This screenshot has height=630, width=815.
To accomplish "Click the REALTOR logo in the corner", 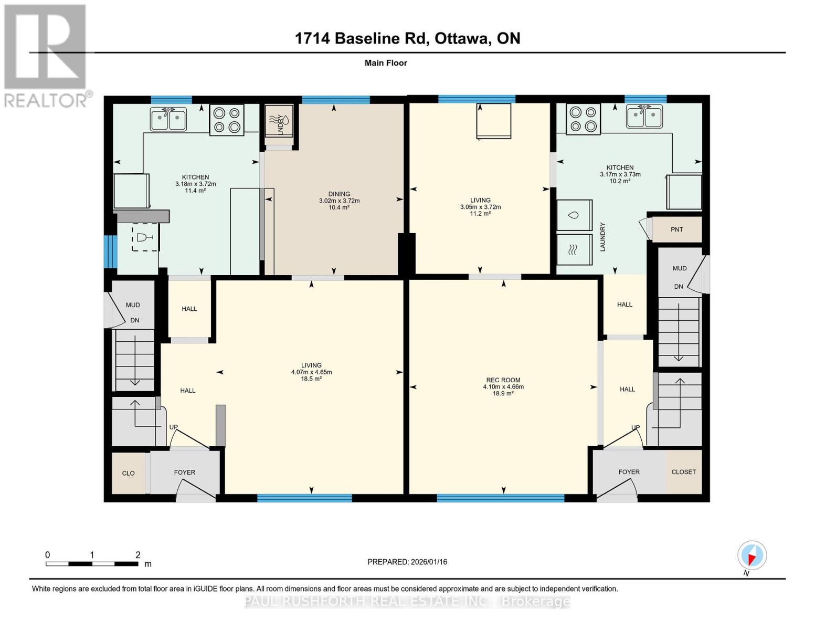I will (46, 55).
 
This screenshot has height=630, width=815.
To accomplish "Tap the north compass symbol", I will (752, 555).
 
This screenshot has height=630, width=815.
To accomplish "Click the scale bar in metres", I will (92, 564).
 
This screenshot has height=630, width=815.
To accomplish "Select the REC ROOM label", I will (503, 380).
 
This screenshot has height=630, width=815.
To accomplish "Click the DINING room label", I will (339, 194).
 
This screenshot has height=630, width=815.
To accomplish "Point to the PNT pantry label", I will (676, 229).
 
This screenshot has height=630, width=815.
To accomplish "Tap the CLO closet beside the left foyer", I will (129, 473).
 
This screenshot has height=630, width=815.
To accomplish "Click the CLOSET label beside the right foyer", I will (683, 472).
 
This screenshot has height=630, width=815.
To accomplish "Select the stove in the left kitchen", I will (227, 120).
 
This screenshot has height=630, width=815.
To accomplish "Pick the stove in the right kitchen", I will (583, 119).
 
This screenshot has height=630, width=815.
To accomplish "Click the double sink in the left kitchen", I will (168, 119).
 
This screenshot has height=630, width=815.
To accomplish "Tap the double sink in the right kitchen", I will (644, 117).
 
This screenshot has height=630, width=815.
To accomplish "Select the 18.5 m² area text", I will (311, 379).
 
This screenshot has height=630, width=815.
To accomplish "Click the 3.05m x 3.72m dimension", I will (480, 207).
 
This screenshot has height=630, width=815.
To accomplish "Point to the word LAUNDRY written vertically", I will (602, 237).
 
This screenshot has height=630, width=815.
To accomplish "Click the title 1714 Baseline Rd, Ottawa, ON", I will (407, 38).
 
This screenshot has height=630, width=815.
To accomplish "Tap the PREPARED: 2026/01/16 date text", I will (407, 562).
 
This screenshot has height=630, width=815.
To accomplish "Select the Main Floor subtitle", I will (386, 63).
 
